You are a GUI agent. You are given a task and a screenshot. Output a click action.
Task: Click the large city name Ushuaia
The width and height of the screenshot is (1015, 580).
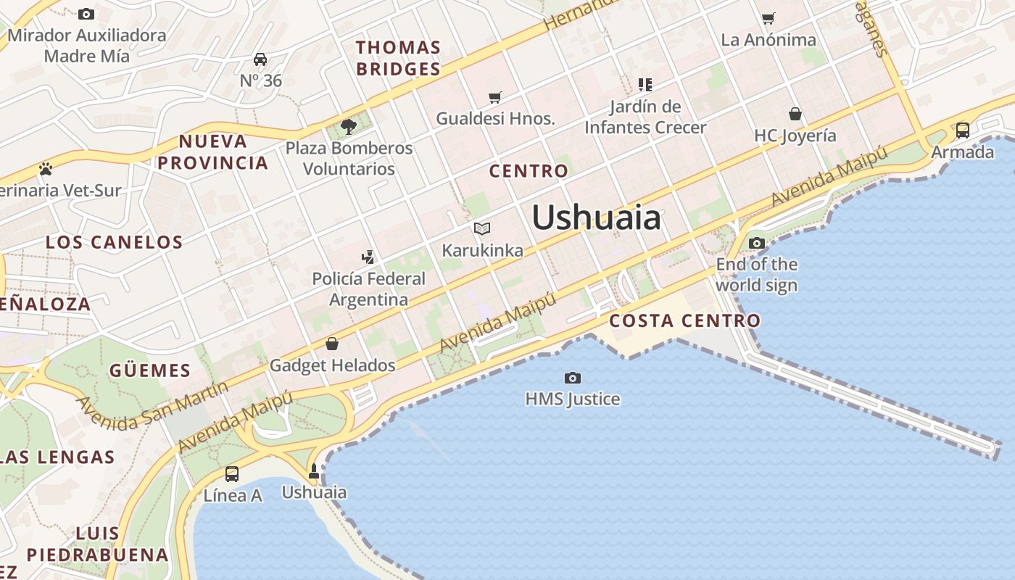pos(596,217)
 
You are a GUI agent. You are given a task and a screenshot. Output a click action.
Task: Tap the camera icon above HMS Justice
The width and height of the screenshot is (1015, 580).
pos(573,378)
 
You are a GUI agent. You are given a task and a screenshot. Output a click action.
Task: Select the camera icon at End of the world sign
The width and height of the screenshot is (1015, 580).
pos(757,243)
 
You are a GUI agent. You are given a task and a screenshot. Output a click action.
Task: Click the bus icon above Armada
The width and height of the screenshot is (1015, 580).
pos(963,130)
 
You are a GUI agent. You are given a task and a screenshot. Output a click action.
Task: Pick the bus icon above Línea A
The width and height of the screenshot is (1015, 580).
pos(232,474)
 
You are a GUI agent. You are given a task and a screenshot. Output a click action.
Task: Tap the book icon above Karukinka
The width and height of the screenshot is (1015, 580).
pos(482,229)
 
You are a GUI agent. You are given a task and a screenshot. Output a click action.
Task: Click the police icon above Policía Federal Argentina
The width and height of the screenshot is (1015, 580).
pos(368,257)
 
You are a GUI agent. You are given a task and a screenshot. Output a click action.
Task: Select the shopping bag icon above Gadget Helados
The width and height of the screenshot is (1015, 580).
pos(332,344)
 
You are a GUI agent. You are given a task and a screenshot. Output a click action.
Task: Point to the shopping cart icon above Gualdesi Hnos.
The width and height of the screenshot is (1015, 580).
pos(495,97)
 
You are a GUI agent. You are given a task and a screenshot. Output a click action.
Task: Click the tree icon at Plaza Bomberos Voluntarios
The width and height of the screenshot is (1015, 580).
pos(349,127)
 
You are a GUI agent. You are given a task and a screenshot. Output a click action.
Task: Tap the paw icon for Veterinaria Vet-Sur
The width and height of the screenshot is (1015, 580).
pos(46,169)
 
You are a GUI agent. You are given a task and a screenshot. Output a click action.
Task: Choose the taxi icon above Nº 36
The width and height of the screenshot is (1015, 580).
pos(260,59)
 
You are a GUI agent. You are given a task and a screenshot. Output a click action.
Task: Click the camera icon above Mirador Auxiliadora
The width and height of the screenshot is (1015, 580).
pos(86,14)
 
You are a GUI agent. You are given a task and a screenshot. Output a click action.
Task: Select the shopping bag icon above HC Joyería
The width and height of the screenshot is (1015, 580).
pos(795,114)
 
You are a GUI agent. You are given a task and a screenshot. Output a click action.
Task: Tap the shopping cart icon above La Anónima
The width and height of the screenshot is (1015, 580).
pos(768,18)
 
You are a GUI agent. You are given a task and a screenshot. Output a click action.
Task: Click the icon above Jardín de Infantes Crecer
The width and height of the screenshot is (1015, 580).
pos(645,85)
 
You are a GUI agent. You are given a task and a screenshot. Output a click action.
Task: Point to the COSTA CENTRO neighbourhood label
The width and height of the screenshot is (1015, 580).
pos(685,320)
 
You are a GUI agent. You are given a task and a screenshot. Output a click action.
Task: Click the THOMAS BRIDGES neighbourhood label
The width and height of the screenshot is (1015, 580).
pos(398,58)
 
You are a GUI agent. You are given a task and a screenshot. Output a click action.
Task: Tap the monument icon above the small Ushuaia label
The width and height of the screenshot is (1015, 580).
pos(314,471)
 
